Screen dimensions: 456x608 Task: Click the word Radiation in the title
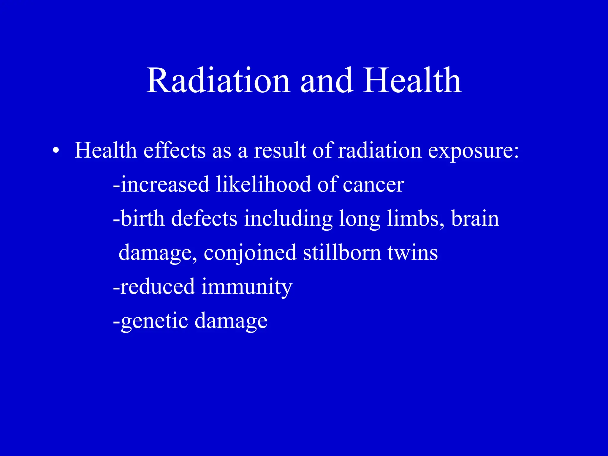(218, 81)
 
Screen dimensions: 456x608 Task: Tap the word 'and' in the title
(327, 81)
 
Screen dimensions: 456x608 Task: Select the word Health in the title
(412, 81)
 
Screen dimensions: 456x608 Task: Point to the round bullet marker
(55, 151)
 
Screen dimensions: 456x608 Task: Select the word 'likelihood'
(263, 185)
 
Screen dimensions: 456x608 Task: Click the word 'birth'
(142, 218)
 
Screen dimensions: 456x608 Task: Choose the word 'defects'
(204, 218)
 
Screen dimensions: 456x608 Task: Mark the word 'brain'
(475, 218)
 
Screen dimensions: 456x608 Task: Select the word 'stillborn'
(342, 252)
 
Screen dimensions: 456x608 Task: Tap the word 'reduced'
(156, 286)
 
